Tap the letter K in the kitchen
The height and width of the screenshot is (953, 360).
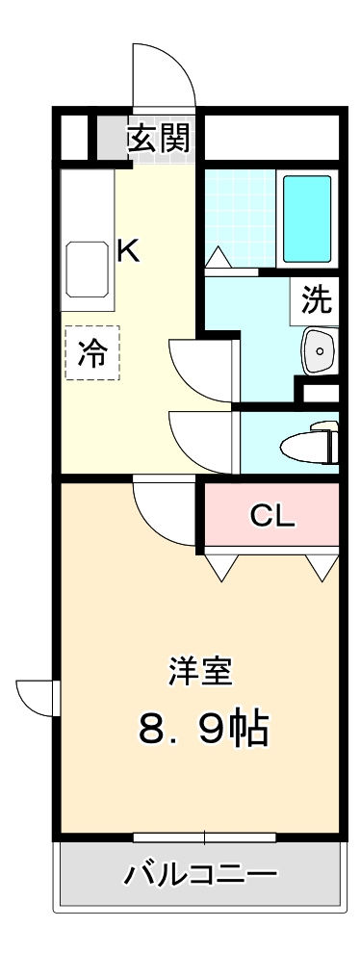point(128,251)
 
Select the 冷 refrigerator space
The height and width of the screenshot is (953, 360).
point(92,353)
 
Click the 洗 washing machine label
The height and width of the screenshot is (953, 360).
point(316,301)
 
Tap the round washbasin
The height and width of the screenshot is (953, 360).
point(317,351)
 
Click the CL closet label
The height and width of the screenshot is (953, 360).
point(271,517)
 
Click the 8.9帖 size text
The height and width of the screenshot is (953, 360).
point(202,730)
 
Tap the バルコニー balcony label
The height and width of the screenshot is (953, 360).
point(201,875)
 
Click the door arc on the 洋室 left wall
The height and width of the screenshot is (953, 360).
point(37,696)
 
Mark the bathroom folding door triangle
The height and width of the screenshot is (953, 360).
point(219,257)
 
